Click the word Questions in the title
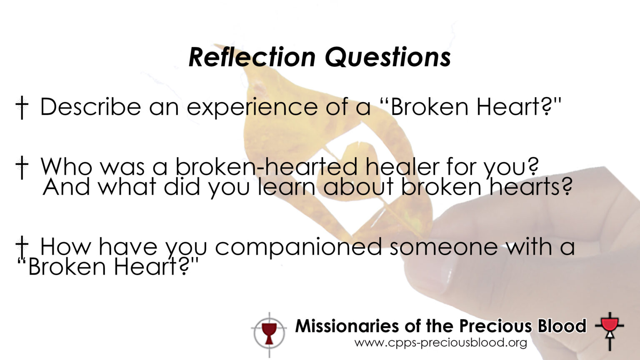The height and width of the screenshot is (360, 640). click(x=388, y=58)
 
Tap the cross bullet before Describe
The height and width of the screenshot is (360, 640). click(x=22, y=107)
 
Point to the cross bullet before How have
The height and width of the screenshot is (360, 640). click(x=22, y=246)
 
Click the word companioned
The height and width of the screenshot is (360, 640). click(x=298, y=247)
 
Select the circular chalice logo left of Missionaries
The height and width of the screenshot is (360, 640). click(x=269, y=334)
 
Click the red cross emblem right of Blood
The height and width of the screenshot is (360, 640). click(x=610, y=331)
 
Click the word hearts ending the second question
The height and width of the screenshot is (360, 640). click(x=531, y=186)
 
